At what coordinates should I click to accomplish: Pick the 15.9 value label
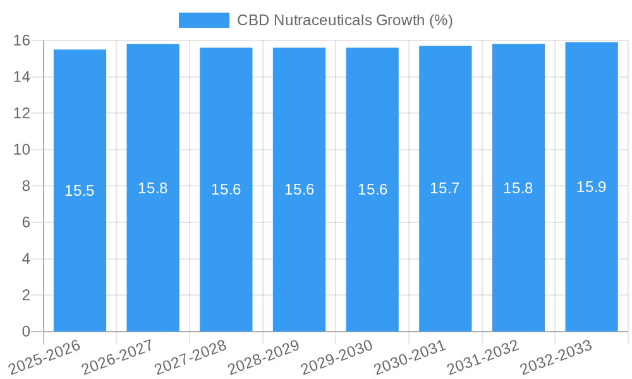(592, 187)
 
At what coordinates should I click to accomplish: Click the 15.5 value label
(80, 191)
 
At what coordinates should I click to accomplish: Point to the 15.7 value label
(445, 188)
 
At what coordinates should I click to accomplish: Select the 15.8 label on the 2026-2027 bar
(153, 188)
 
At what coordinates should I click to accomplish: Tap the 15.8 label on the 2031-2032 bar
(518, 188)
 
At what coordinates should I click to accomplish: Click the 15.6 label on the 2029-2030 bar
(372, 189)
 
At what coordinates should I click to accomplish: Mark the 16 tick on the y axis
(22, 41)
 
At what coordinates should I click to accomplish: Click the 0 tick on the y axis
(26, 332)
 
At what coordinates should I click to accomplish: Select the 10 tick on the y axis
(22, 150)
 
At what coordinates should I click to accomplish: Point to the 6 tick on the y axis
(26, 222)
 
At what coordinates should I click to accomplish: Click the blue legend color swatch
(204, 20)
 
